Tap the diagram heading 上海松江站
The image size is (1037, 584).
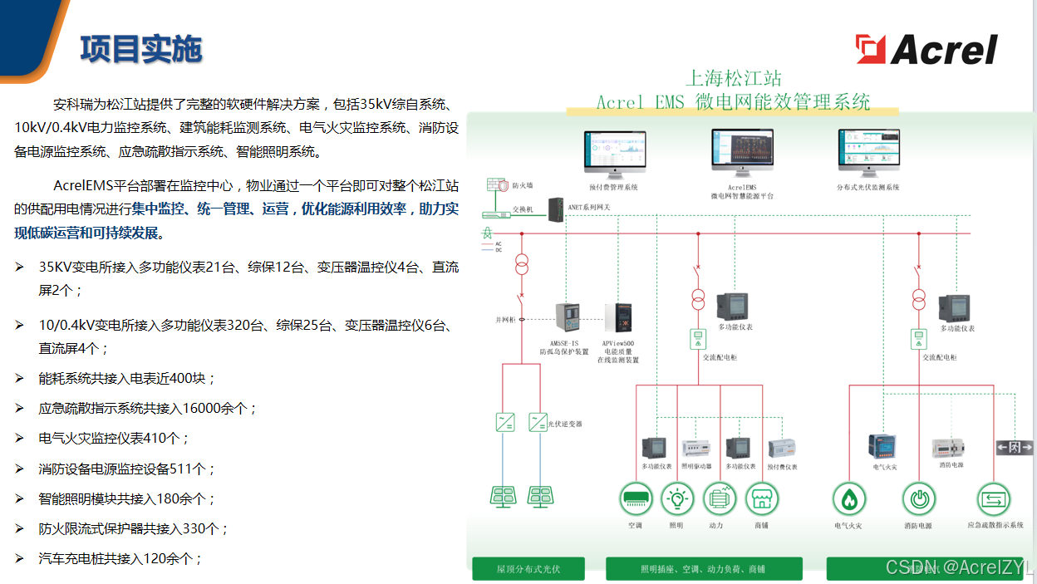click(733, 79)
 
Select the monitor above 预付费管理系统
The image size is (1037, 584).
click(613, 153)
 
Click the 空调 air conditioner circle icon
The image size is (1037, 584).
click(636, 499)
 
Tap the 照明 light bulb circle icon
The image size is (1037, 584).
click(676, 499)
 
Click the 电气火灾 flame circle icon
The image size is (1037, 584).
click(848, 499)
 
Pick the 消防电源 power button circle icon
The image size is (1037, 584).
click(919, 499)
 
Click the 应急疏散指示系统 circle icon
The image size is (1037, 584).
click(994, 499)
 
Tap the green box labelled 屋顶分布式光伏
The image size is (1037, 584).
click(528, 569)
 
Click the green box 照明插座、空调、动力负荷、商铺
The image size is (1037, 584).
click(704, 569)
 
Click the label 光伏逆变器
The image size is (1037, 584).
click(566, 424)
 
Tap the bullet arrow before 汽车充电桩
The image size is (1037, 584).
click(19, 558)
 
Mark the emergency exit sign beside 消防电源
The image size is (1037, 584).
click(1015, 448)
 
